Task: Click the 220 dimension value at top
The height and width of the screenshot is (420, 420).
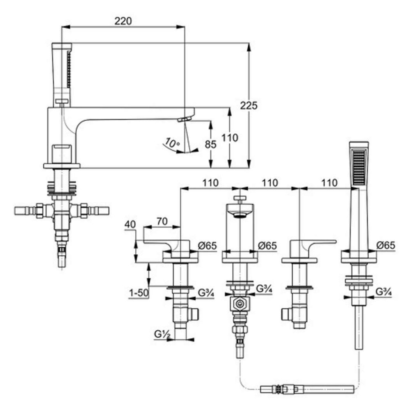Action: point(123,21)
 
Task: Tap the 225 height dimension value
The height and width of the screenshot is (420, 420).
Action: point(249,105)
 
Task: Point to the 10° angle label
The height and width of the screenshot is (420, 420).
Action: point(172,143)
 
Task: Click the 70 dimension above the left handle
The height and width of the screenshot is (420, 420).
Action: point(162,221)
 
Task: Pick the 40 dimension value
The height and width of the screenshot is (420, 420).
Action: point(130,225)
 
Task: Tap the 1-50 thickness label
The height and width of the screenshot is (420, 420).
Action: point(138,294)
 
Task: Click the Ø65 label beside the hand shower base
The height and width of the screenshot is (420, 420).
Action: point(386,245)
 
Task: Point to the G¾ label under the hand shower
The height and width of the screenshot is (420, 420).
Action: point(384,292)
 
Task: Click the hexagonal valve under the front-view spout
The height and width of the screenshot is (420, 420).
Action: point(239,304)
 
